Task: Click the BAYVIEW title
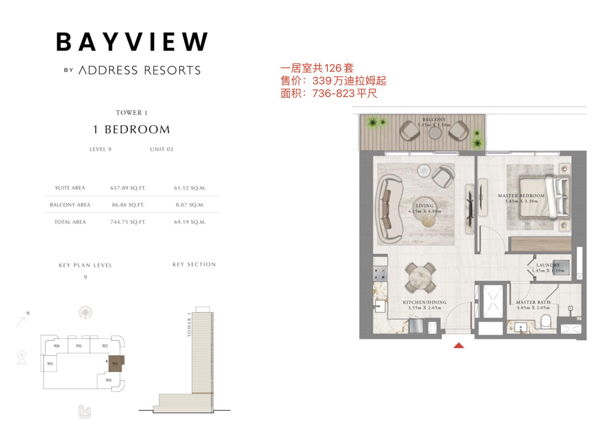(132, 42)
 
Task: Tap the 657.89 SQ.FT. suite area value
(128, 188)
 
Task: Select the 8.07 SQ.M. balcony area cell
(190, 205)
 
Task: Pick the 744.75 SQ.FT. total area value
(128, 222)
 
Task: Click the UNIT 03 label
(162, 149)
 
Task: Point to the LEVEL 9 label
(100, 149)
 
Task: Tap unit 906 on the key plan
(57, 346)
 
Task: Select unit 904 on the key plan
(108, 380)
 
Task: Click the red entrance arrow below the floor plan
(459, 345)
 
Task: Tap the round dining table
(420, 278)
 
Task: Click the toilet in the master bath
(546, 322)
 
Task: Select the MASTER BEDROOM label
(521, 196)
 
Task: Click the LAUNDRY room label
(548, 265)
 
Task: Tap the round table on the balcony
(435, 133)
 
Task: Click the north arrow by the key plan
(21, 322)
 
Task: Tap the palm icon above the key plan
(85, 313)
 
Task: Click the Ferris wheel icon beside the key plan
(22, 357)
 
